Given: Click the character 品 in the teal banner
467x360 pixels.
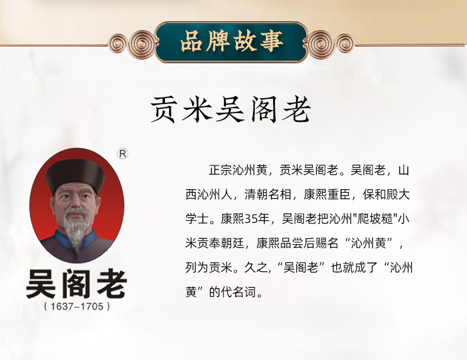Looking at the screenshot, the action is point(191,41).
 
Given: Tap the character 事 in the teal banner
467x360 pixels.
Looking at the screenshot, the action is point(271,41).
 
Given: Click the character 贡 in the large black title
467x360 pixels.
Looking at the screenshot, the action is point(163,109).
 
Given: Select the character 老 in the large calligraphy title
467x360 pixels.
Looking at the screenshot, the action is point(296,109).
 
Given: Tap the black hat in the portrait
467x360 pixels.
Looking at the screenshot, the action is point(75,175).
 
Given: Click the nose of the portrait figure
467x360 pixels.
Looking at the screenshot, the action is point(74,203).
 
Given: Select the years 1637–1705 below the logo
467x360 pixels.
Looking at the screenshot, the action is point(77,306).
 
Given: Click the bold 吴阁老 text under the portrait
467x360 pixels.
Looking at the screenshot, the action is point(77,284).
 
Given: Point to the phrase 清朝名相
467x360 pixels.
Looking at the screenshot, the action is point(268,194).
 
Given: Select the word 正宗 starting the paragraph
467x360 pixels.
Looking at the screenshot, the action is point(220,170).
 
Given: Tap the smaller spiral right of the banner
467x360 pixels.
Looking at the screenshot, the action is point(345,44).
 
